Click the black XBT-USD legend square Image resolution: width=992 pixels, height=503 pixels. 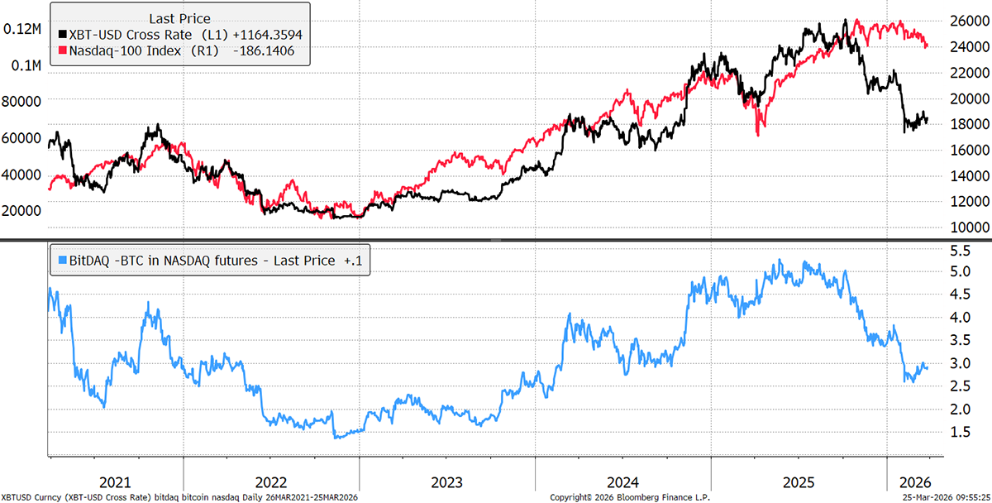click(x=61, y=35)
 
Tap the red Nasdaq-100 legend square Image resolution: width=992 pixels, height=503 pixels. click(x=61, y=51)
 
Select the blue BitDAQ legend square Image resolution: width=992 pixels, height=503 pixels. click(x=61, y=261)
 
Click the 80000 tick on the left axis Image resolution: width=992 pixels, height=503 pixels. click(x=23, y=101)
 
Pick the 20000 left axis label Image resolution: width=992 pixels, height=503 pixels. click(x=23, y=210)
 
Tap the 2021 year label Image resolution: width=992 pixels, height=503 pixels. click(x=116, y=482)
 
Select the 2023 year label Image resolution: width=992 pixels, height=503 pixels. click(x=446, y=482)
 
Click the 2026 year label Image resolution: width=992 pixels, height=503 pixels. click(x=914, y=482)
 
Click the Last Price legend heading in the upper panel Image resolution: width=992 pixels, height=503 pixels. click(x=179, y=18)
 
